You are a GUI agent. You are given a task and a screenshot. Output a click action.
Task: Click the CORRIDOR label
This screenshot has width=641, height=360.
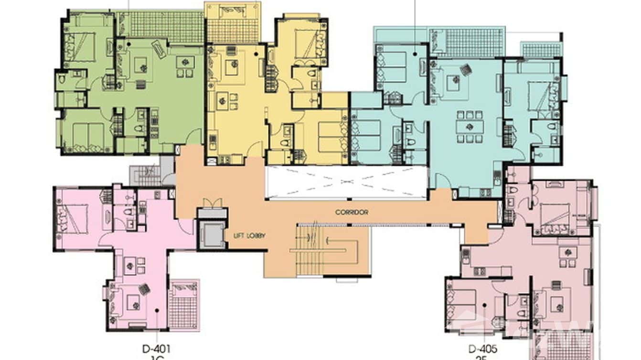(352, 212)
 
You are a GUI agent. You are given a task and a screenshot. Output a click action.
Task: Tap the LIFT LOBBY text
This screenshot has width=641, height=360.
(249, 235)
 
